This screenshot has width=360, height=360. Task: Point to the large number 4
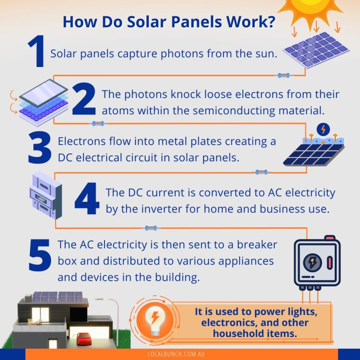click(x=87, y=201)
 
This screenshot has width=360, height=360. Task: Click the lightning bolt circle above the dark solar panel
click(x=322, y=129)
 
